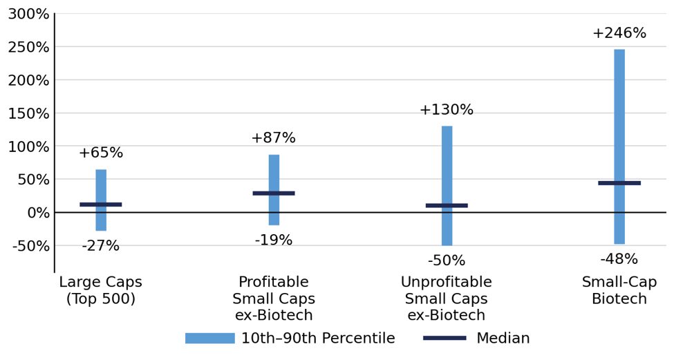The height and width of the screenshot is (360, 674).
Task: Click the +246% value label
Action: point(619,33)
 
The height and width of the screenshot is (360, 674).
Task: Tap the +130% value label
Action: point(447,110)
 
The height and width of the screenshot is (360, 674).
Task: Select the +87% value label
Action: point(274,138)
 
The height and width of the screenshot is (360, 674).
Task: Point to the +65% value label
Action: point(101,153)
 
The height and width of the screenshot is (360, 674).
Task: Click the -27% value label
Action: point(101,246)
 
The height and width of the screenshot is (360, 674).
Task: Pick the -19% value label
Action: point(273,240)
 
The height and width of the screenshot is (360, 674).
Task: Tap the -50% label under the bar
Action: point(447,260)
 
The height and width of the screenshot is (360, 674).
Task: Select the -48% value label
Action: point(619,259)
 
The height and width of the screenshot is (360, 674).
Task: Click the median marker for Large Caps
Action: point(101,205)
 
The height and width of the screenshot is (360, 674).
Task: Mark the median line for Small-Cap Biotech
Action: point(619,183)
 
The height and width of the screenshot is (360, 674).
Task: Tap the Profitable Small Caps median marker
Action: point(274,193)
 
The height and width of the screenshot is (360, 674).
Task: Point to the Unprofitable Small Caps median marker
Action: point(447,205)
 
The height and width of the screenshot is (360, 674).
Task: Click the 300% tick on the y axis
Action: point(29,15)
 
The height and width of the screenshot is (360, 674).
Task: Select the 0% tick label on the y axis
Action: point(39,213)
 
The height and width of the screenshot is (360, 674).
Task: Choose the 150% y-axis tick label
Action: point(29,113)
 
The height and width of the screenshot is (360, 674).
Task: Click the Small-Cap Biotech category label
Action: point(619,290)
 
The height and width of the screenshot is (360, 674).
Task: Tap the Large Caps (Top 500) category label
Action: point(101,290)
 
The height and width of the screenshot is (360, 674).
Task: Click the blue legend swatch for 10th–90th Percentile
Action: point(210,338)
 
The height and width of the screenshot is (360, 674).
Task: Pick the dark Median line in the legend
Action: point(444,338)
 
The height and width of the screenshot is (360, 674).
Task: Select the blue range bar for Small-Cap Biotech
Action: point(619,146)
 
